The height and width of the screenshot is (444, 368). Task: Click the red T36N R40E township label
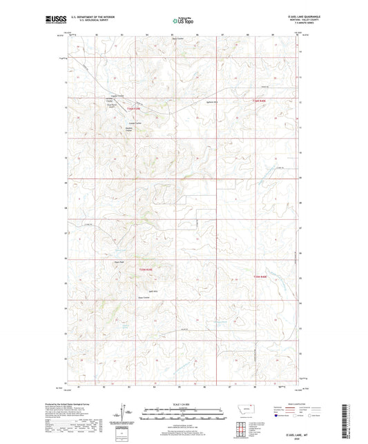click(x=259, y=101)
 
